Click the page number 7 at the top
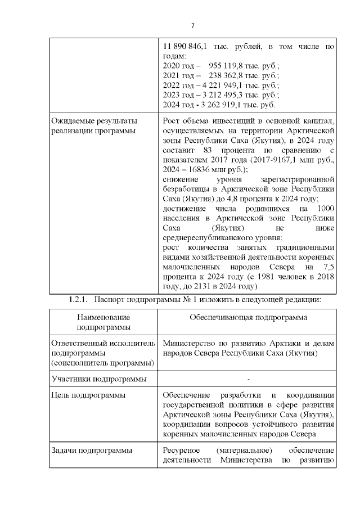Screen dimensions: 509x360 pos(192,26)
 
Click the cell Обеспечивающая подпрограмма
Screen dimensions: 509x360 pos(248,317)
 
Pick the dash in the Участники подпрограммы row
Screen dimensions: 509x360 pos(248,378)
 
